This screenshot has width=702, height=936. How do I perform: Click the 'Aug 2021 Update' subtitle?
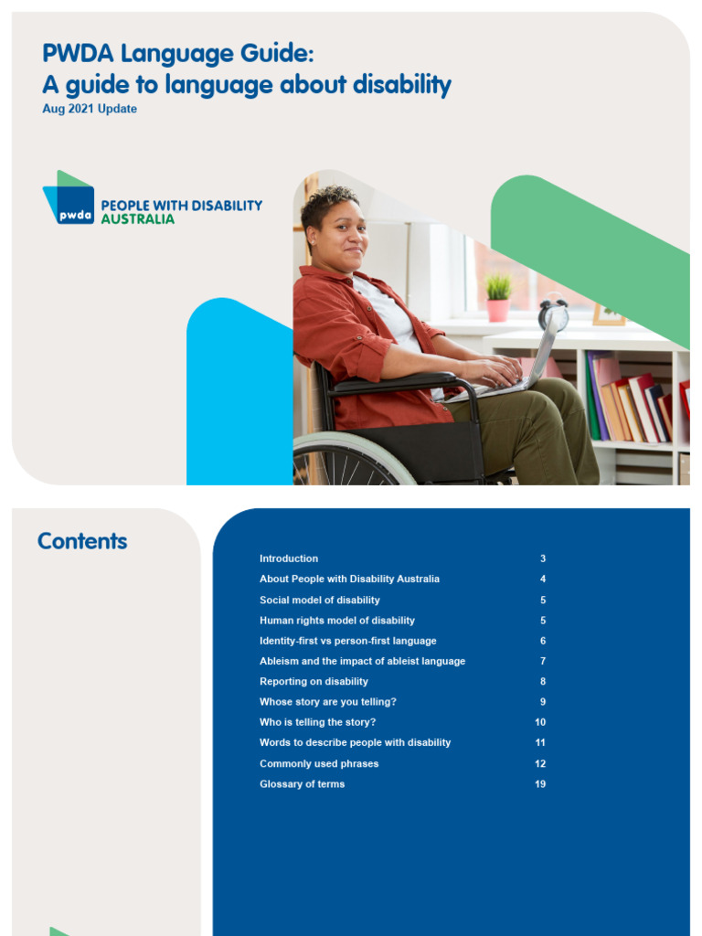tap(90, 109)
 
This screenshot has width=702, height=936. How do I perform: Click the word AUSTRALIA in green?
tap(137, 219)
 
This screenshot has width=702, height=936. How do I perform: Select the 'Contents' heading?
tap(82, 541)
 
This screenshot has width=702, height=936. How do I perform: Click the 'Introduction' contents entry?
tap(289, 558)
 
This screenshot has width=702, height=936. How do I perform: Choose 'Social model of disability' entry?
tap(319, 600)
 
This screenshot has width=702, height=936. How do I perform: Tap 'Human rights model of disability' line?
tap(336, 621)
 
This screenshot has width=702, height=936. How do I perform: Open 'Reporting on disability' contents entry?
tap(314, 682)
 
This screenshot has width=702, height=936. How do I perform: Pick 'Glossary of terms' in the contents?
tap(302, 784)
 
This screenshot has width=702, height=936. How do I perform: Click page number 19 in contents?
tap(540, 784)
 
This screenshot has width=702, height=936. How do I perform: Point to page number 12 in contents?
tap(540, 764)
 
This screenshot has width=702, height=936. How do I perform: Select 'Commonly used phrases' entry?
tap(318, 764)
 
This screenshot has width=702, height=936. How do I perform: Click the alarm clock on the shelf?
tap(553, 314)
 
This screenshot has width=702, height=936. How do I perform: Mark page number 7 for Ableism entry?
tap(543, 661)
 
